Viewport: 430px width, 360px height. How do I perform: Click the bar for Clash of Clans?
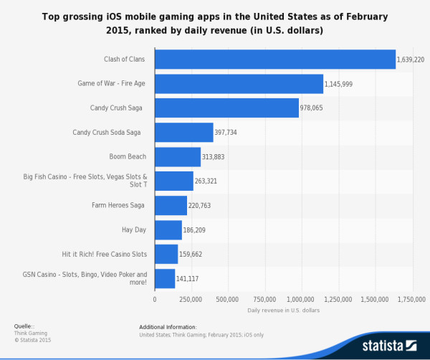[275, 59]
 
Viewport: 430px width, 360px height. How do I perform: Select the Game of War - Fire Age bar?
[239, 83]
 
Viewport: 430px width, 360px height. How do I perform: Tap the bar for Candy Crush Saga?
[226, 108]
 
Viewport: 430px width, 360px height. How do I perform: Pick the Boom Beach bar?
[178, 156]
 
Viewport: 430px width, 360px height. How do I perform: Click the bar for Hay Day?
[168, 229]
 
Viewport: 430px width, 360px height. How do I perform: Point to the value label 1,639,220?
[411, 59]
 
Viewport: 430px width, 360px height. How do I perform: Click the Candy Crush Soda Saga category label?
[107, 132]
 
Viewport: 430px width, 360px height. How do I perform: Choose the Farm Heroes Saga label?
[118, 205]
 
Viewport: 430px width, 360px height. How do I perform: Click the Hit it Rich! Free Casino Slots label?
[105, 254]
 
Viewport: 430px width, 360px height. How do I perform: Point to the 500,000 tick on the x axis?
[227, 299]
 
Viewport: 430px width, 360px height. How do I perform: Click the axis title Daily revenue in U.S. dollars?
[283, 311]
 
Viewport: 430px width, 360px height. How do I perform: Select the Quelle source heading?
[24, 326]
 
